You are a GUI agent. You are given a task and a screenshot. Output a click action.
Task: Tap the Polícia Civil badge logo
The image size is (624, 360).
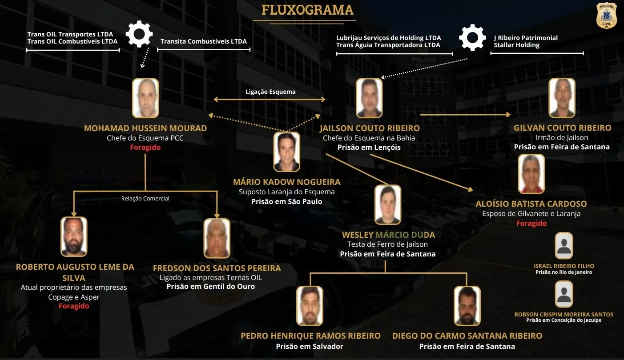tap(606, 16)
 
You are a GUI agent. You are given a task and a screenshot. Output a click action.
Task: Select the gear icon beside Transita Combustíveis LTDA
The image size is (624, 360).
tap(139, 34)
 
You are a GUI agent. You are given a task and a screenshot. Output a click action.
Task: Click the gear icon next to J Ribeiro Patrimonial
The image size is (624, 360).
tap(472, 37)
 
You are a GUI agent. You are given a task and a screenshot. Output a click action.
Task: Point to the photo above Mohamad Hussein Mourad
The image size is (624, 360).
tap(145, 98)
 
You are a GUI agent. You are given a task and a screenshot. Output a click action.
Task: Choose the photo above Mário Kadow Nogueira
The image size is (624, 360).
tap(286, 152)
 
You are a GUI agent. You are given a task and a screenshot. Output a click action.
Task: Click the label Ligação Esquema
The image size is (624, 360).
tap(270, 92)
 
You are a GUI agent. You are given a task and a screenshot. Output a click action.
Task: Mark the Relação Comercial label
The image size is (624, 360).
tap(145, 199)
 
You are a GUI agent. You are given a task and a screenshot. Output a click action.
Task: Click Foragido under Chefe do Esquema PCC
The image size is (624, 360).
tap(145, 147)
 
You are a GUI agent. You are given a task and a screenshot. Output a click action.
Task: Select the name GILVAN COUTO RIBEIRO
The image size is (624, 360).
tap(562, 128)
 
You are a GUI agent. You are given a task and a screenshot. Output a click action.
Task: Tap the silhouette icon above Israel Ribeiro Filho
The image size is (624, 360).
tap(564, 246)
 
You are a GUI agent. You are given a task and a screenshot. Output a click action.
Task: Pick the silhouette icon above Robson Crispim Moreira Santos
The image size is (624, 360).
tap(564, 294)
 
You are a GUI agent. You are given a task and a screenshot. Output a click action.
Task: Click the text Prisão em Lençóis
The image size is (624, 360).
tap(369, 147)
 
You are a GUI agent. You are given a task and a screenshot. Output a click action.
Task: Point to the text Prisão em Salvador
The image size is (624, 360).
tap(310, 346)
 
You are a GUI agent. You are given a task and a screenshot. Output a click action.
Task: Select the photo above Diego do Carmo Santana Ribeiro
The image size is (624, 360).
tap(467, 306)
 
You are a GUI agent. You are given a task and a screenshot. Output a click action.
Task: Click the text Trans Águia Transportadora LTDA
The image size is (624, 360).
tap(388, 45)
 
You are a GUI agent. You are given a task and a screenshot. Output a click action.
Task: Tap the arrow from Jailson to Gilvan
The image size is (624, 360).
tap(465, 115)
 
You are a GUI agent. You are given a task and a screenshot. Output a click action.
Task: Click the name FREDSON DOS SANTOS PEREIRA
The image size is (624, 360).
tap(217, 268)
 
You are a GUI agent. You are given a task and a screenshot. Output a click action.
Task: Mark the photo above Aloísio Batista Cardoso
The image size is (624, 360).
tap(531, 174)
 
